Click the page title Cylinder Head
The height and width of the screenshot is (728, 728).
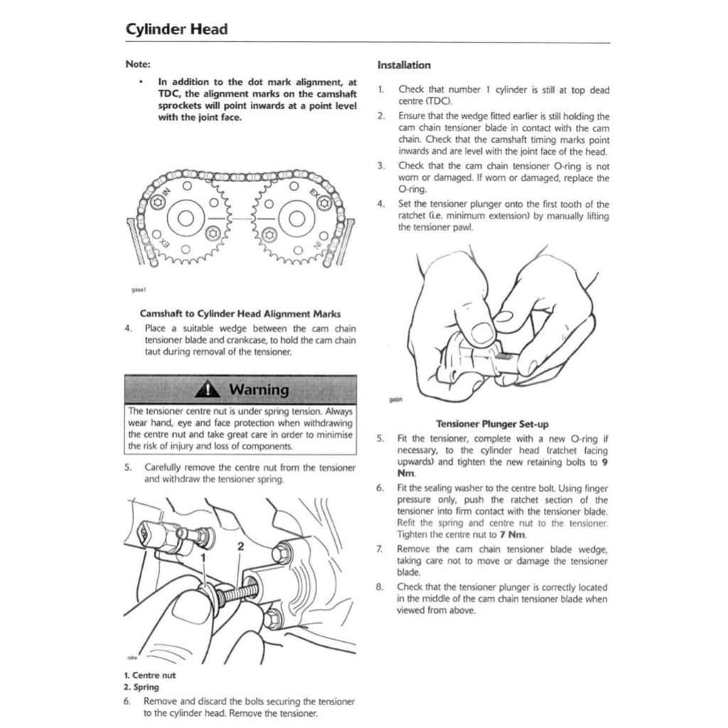[176, 30]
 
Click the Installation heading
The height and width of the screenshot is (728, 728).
[404, 65]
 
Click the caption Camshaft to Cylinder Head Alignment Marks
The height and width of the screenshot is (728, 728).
[240, 313]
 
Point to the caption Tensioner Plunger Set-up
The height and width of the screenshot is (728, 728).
[492, 424]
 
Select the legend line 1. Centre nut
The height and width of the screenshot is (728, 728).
[149, 675]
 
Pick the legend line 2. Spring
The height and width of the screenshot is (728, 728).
[141, 687]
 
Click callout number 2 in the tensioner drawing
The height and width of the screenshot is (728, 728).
[240, 546]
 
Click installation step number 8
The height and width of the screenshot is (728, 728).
[380, 587]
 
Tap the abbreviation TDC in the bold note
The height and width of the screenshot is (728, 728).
[168, 93]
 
